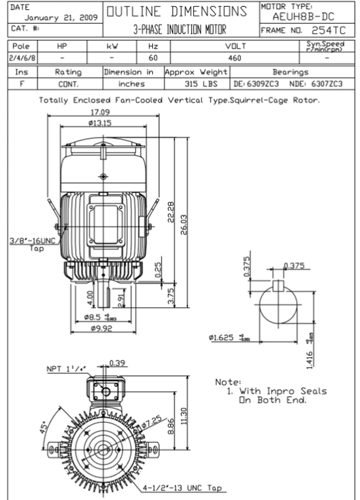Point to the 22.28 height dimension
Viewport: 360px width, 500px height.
(x=170, y=212)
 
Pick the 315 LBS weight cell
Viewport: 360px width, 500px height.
(x=201, y=84)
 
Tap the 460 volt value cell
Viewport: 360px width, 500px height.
(x=235, y=58)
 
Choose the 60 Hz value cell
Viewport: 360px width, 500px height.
(x=153, y=58)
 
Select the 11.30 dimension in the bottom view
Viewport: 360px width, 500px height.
(x=184, y=416)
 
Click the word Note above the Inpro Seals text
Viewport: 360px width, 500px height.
(x=228, y=382)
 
